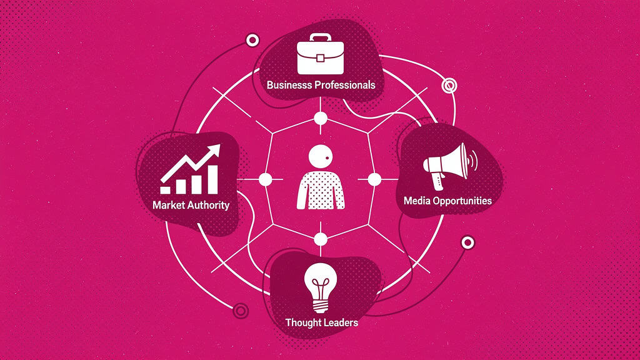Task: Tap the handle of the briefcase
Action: (x=321, y=37)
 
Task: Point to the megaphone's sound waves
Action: (x=473, y=161)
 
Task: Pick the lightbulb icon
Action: (x=321, y=287)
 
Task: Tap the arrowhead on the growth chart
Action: (x=214, y=151)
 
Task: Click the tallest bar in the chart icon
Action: (x=212, y=179)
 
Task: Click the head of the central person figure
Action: (x=321, y=156)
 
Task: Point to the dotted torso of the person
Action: (x=321, y=190)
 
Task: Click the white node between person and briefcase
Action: (x=321, y=118)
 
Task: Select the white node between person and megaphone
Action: (x=374, y=179)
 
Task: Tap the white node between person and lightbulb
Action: (x=321, y=239)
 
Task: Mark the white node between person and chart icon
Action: (x=265, y=179)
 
